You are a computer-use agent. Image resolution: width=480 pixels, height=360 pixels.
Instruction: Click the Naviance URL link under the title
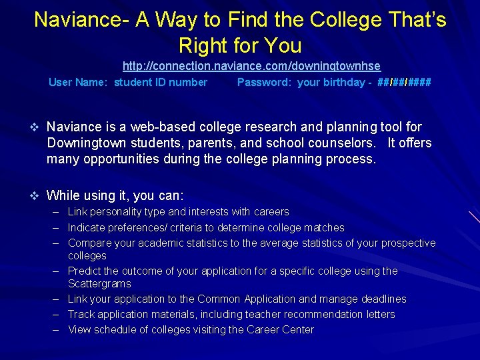(x=251, y=66)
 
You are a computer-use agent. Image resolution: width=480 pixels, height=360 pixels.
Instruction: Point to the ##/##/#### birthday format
(x=403, y=83)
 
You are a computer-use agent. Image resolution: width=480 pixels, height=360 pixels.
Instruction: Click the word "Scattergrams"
(x=99, y=284)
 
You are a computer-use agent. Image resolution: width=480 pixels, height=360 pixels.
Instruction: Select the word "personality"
(x=113, y=212)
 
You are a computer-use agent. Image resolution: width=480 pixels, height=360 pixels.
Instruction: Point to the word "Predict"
(x=84, y=271)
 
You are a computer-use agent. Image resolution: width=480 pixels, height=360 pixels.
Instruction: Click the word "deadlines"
(x=383, y=299)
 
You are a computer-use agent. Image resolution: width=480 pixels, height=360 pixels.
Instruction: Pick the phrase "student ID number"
(x=161, y=83)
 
